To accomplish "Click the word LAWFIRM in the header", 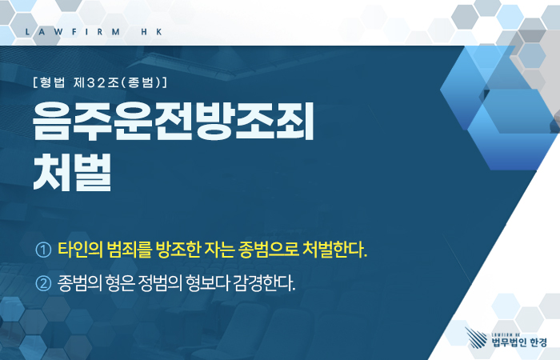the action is [x=73, y=32].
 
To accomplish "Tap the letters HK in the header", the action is [x=152, y=32].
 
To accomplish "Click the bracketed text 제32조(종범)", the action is [x=118, y=82].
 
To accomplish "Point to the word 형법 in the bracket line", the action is [x=52, y=82].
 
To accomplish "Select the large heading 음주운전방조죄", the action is [x=174, y=121].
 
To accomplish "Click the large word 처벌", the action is [x=72, y=173].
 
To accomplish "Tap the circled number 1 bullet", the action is [x=43, y=250].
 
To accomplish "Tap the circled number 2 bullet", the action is [x=43, y=283].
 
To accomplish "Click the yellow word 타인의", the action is [x=80, y=249].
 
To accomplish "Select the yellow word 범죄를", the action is [x=130, y=249].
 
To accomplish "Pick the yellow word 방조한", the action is [x=178, y=249].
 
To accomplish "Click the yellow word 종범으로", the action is [x=269, y=249].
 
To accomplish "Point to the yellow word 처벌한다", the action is [x=334, y=249].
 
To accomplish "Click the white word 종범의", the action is [x=79, y=283].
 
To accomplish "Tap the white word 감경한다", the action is [x=264, y=283].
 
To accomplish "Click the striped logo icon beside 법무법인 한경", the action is [x=476, y=338].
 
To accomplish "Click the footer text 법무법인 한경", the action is [x=519, y=342].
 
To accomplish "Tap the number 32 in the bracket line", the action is [x=96, y=83].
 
